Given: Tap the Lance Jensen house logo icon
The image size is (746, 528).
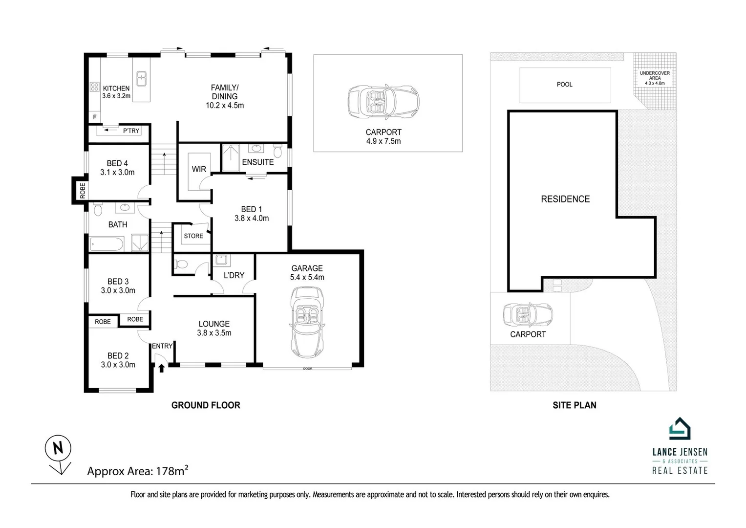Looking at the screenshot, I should [680, 429].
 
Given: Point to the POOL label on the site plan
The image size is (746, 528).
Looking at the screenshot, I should [564, 85].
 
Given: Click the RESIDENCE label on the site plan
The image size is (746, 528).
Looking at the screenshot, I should [565, 199].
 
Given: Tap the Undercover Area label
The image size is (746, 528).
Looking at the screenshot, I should [655, 78].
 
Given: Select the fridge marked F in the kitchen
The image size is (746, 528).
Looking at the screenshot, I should [95, 117].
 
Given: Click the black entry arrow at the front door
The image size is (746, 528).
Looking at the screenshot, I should [162, 367].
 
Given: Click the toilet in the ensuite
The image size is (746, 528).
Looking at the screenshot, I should [278, 151].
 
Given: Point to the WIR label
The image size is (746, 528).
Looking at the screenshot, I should [199, 169].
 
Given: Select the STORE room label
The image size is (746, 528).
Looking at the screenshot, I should [193, 236].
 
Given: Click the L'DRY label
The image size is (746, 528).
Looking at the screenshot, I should [234, 275].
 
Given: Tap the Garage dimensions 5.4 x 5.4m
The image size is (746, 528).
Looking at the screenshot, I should [307, 277].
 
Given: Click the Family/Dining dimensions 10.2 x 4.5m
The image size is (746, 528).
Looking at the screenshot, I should [225, 105].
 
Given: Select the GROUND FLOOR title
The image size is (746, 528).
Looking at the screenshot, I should [206, 405].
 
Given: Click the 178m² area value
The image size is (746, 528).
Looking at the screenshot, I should [172, 471].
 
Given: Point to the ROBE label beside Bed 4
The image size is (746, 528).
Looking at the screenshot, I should [82, 189].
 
